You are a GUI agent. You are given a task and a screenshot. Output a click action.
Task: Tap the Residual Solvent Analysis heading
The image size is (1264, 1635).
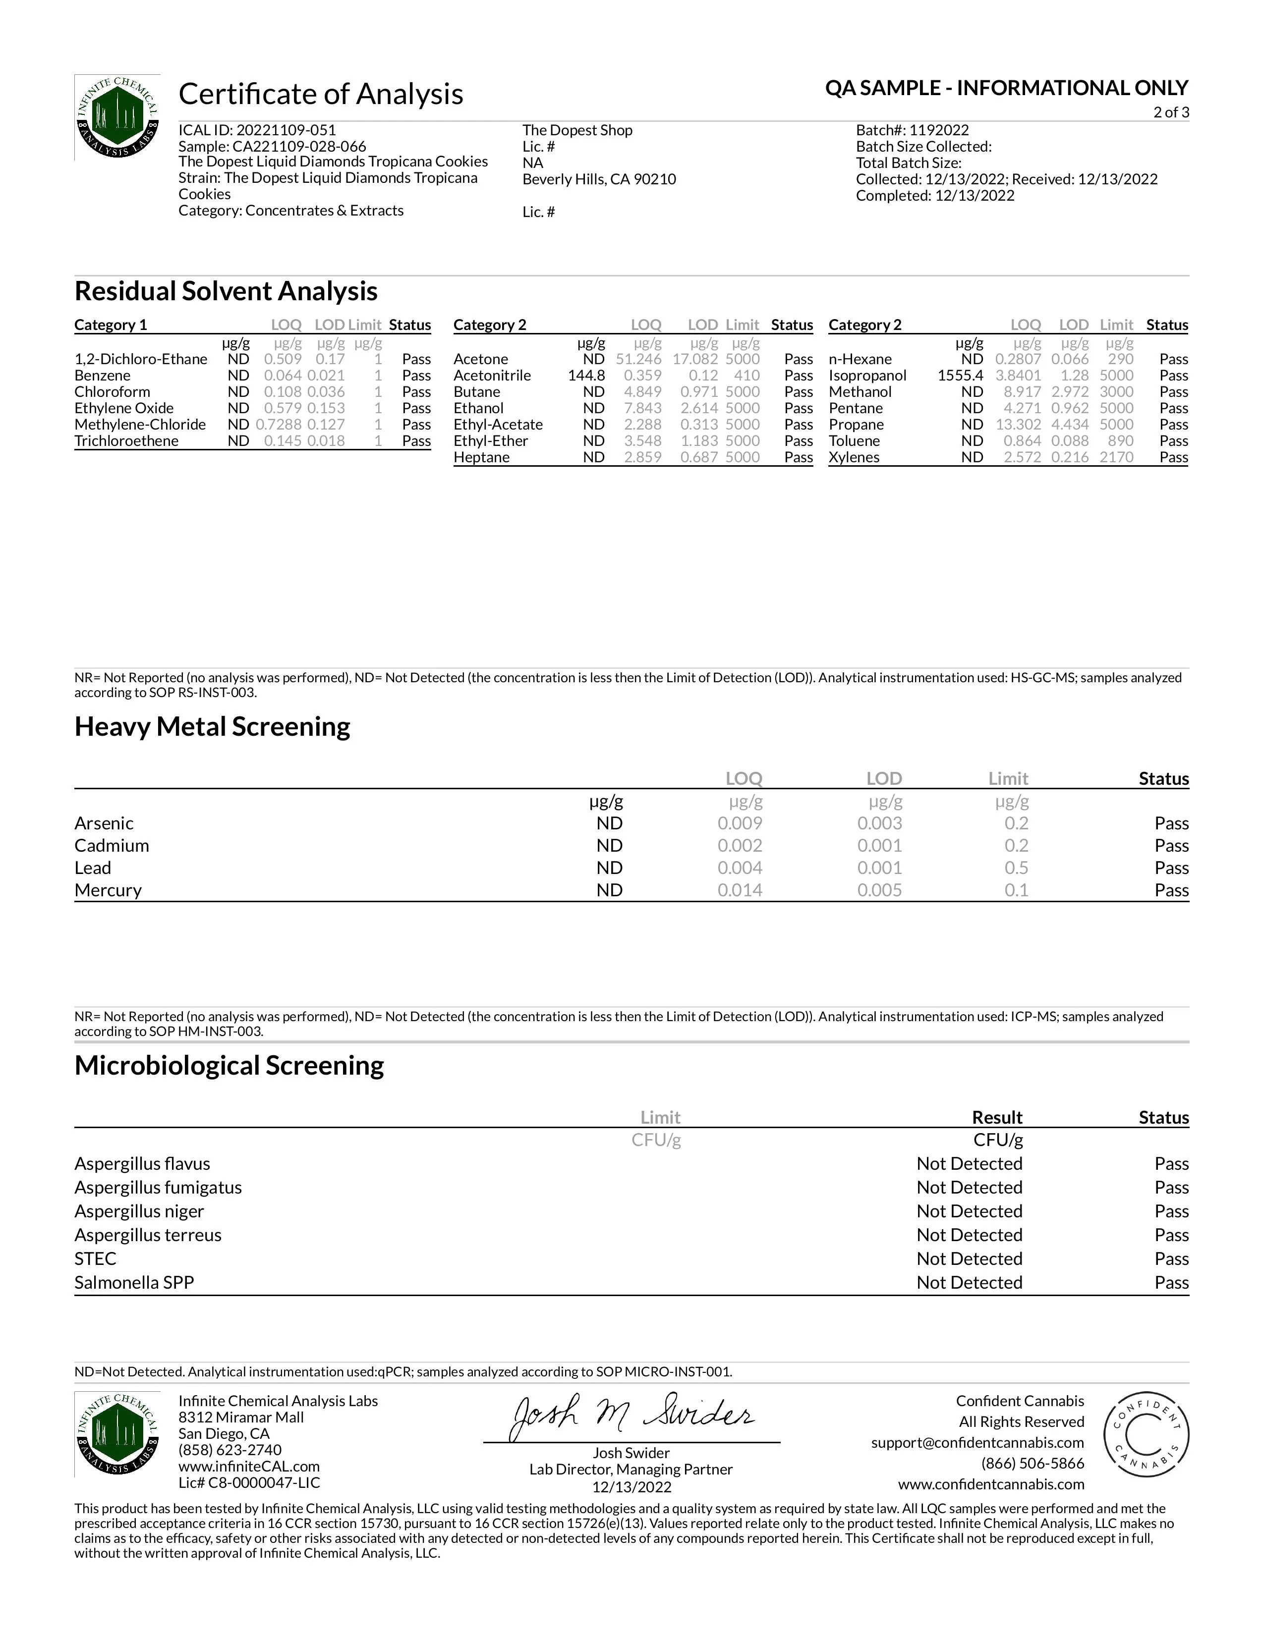pyautogui.click(x=226, y=291)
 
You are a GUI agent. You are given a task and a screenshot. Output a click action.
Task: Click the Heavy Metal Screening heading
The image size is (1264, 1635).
pyautogui.click(x=212, y=727)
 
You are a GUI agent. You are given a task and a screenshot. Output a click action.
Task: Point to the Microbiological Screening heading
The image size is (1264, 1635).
pyautogui.click(x=229, y=1065)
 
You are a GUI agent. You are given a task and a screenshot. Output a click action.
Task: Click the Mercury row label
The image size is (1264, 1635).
pyautogui.click(x=108, y=890)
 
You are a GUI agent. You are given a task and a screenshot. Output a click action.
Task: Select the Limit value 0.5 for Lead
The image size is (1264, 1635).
pyautogui.click(x=1016, y=868)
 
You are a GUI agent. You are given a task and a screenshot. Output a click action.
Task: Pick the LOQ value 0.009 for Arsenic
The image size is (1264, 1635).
pyautogui.click(x=740, y=823)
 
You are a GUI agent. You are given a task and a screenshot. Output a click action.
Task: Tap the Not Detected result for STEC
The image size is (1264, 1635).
pyautogui.click(x=969, y=1258)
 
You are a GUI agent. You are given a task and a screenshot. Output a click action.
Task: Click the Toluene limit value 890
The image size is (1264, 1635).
pyautogui.click(x=1120, y=441)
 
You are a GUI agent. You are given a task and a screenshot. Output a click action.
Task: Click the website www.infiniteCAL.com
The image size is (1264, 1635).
pyautogui.click(x=249, y=1467)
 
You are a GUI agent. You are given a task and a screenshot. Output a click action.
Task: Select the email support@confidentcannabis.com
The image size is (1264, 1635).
pyautogui.click(x=977, y=1443)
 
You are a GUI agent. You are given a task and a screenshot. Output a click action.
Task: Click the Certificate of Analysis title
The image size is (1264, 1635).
pyautogui.click(x=321, y=94)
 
